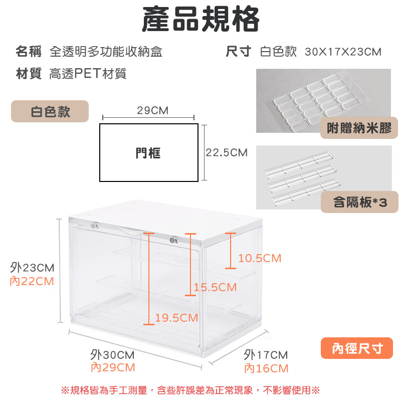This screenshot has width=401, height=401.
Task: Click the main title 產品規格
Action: tap(201, 19)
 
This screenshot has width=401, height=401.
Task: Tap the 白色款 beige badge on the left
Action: tap(50, 111)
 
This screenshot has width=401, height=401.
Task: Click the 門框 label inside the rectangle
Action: tap(148, 153)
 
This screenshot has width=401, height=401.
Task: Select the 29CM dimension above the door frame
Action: tap(153, 110)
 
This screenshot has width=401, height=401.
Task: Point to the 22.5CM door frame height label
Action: tap(227, 153)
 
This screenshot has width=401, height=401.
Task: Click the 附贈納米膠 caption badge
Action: tap(359, 128)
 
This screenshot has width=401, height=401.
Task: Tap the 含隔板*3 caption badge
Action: tap(359, 202)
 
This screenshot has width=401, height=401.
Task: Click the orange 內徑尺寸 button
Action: tap(357, 348)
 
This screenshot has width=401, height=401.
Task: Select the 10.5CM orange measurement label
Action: tap(260, 258)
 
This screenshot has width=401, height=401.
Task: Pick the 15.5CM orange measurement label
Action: tap(215, 287)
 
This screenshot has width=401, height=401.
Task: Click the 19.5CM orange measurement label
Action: tap(176, 318)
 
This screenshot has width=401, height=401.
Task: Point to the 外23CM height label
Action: tap(32, 268)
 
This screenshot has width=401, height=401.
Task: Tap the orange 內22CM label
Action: tap(32, 281)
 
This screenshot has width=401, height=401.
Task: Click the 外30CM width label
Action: tap(112, 355)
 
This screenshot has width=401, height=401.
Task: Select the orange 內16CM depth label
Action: tap(266, 368)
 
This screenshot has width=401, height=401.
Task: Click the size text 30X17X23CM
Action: tap(343, 52)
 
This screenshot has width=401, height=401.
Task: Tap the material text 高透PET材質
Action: tap(88, 74)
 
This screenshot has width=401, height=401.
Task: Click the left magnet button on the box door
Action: tap(94, 226)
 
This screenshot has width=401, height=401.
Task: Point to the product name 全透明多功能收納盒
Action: tap(106, 52)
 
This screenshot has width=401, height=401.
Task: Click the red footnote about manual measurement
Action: tap(190, 390)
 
